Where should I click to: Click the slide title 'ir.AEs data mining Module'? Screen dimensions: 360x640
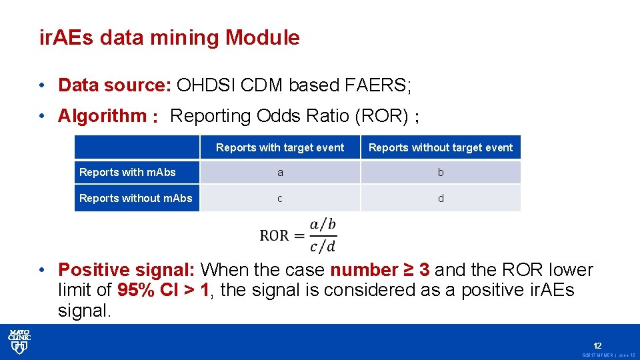point(169,38)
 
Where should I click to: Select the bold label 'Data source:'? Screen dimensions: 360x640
point(115,85)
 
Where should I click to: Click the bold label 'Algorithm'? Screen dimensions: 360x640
point(102,116)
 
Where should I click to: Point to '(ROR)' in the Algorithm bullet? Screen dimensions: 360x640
point(381,116)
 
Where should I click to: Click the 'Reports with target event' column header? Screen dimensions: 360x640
point(280,147)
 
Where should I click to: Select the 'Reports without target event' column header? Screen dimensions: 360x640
point(441,147)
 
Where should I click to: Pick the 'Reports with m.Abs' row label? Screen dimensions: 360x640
point(127,172)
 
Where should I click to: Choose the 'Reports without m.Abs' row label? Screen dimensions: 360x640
point(135,198)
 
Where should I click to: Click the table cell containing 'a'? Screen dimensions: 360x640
point(280,173)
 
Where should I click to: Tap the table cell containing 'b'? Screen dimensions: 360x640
point(441,173)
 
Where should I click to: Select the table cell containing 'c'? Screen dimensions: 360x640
point(280,199)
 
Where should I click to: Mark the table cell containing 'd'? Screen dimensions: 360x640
point(441,199)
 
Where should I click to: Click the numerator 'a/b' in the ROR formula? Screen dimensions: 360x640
point(323,224)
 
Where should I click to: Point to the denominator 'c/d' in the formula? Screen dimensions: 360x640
point(323,246)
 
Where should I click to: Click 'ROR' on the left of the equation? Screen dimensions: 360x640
point(274,235)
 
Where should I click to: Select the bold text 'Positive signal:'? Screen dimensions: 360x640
point(127,270)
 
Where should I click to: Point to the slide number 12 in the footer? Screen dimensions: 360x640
point(597,345)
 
